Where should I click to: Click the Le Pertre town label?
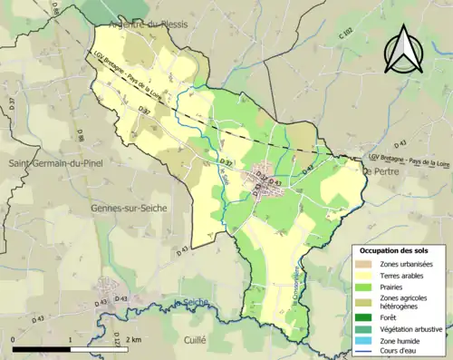coord(380,170)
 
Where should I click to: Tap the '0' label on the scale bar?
coord(14,339)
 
